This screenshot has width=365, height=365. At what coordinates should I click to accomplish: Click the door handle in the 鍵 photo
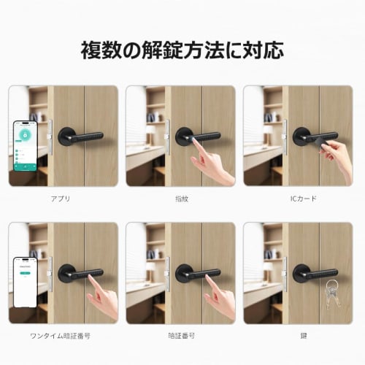coord(314,274)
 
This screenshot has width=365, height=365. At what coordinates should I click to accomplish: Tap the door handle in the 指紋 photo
coord(197,137)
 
